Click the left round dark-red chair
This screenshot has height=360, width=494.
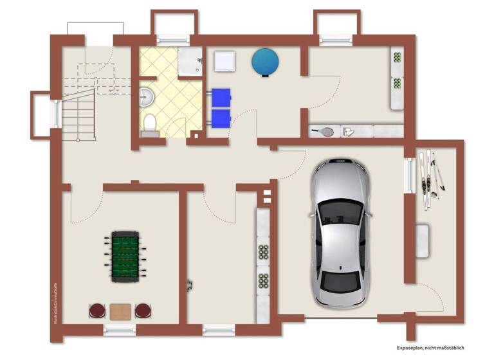[96, 311]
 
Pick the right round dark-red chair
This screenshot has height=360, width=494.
[142, 311]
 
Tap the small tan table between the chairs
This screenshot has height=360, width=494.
[120, 312]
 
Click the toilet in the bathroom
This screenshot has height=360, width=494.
[149, 123]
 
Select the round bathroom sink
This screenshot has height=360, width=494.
[146, 96]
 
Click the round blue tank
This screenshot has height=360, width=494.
[264, 62]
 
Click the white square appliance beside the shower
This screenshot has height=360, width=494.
[223, 61]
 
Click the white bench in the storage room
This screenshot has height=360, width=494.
[423, 240]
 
